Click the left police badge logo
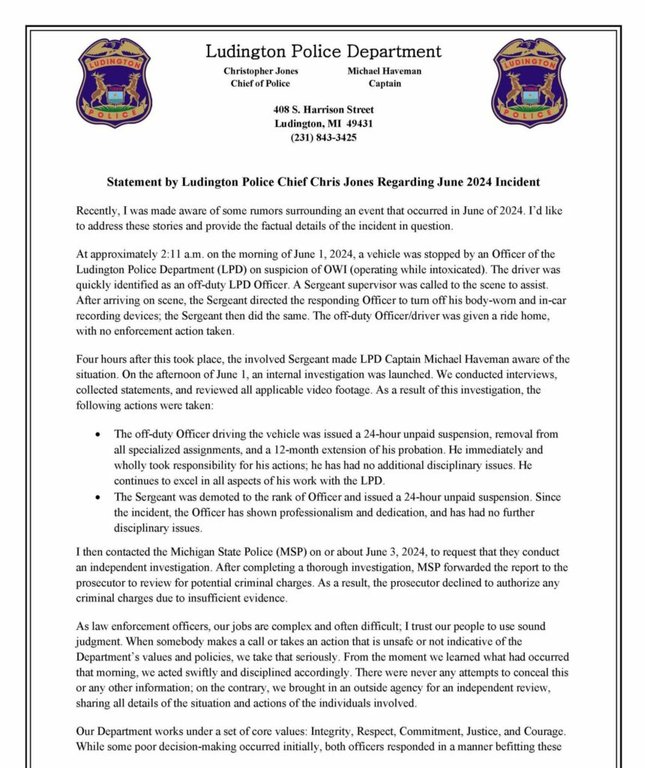[114, 82]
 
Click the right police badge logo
[529, 82]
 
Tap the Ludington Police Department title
[323, 52]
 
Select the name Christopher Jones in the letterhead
[261, 71]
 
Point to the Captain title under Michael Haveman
[384, 84]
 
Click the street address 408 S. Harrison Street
[323, 110]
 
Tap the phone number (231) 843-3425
[323, 137]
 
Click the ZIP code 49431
[357, 124]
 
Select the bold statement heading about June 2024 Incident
[323, 182]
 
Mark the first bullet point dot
[100, 434]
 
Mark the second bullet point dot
[100, 497]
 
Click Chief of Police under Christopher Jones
[261, 84]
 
